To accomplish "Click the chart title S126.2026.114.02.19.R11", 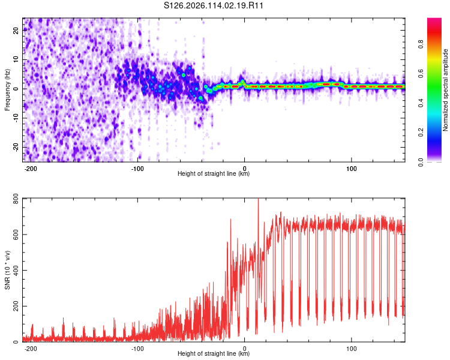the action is (214, 5).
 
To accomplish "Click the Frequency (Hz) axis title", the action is (7, 90).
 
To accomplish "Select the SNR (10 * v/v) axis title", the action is (7, 270).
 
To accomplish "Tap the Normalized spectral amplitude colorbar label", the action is (445, 90).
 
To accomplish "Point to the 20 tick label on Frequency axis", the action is (16, 31).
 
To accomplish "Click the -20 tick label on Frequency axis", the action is (16, 147).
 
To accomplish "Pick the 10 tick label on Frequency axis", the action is (16, 59).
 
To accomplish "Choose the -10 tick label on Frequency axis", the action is (16, 118).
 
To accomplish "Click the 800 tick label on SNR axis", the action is (16, 199).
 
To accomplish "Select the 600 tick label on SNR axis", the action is (16, 235).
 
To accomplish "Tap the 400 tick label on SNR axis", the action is (16, 271).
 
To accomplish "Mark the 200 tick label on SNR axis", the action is (16, 307).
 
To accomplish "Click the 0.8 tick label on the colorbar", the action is (421, 44).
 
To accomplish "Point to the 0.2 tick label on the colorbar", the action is (421, 133).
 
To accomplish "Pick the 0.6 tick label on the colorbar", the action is (421, 73).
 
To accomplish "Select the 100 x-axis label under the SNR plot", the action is (351, 349).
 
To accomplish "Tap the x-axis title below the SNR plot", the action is (214, 353).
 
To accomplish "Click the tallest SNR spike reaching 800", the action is (258, 200).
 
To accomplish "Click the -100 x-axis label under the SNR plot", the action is (137, 349).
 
